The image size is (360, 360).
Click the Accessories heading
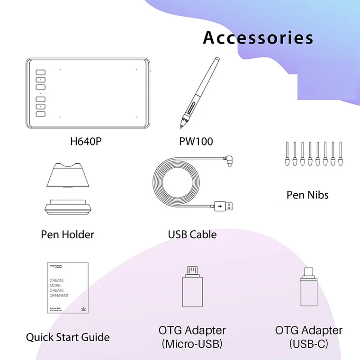258,38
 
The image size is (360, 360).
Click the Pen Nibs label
307,195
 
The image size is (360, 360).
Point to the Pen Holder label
67,234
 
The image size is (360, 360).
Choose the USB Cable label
192,234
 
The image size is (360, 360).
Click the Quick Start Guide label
68,337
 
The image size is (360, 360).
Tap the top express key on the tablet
41,73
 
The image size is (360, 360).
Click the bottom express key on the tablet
41,114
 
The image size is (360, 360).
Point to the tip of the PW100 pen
181,126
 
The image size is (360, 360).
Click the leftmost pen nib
288,154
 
